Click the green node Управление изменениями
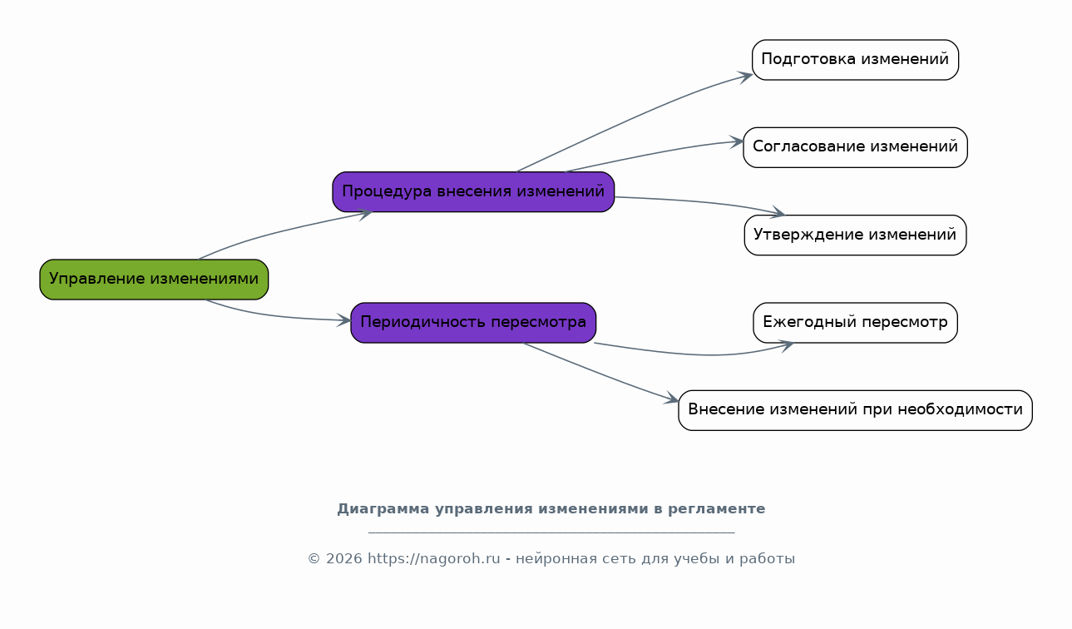pos(154,280)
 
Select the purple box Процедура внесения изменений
pos(473,192)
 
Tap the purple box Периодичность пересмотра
pos(473,323)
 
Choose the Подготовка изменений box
pos(855,60)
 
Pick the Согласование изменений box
pos(855,147)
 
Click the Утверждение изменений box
pos(855,235)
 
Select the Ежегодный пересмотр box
pos(855,323)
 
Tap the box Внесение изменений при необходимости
pos(855,410)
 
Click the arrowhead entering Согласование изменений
pos(737,142)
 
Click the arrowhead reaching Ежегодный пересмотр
pos(786,345)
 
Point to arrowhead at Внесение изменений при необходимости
pos(671,399)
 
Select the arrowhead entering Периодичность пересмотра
pos(343,320)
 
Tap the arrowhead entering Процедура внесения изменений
pos(365,214)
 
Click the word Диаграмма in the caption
pos(383,509)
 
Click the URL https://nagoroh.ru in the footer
pos(433,558)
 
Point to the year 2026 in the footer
pos(344,559)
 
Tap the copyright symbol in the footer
pos(314,559)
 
